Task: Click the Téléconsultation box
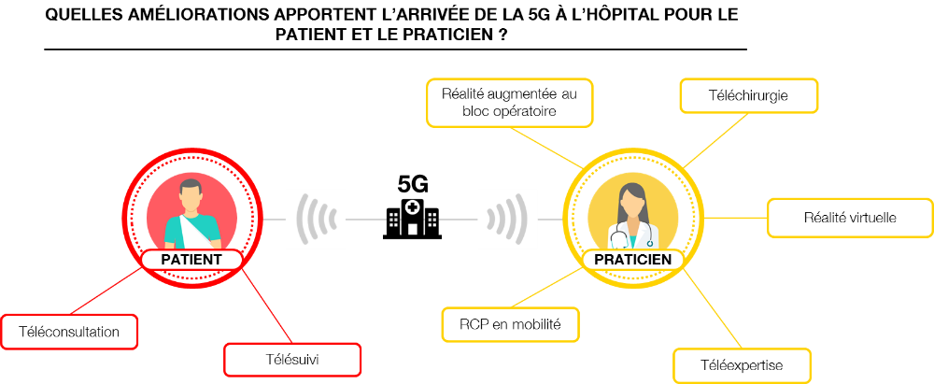(x=69, y=332)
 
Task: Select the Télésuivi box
(x=292, y=360)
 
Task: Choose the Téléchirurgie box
(x=748, y=95)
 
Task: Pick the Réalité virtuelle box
(x=850, y=218)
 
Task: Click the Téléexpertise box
(x=741, y=364)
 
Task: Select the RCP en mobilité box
(x=510, y=325)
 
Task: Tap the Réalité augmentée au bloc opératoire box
(x=510, y=103)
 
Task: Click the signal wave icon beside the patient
(x=316, y=219)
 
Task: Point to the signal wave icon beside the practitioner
(x=508, y=219)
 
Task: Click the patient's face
(x=191, y=198)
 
